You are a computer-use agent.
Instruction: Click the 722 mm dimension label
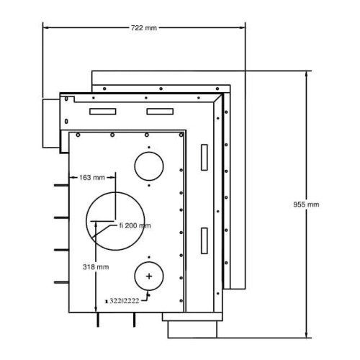[144, 28]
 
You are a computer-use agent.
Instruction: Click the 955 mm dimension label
[306, 204]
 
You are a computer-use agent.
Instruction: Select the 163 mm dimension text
[92, 178]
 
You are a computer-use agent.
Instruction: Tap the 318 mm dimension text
[96, 267]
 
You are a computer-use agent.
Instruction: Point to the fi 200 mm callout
[135, 225]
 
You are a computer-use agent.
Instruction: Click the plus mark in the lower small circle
[149, 276]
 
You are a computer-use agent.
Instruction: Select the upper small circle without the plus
[149, 152]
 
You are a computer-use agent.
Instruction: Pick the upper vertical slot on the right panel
[204, 158]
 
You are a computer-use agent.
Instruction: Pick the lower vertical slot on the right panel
[204, 240]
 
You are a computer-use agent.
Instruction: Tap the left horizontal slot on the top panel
[103, 112]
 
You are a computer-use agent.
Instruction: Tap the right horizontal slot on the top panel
[160, 112]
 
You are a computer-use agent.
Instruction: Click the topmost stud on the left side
[61, 185]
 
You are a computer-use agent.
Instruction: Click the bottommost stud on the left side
[61, 282]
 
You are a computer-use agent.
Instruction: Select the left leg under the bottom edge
[98, 320]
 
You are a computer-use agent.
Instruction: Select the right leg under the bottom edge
[134, 320]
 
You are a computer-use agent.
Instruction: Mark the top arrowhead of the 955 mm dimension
[306, 74]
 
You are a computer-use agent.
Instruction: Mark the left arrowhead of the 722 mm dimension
[46, 28]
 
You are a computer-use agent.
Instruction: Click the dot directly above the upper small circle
[149, 147]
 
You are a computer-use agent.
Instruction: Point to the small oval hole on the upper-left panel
[66, 122]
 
